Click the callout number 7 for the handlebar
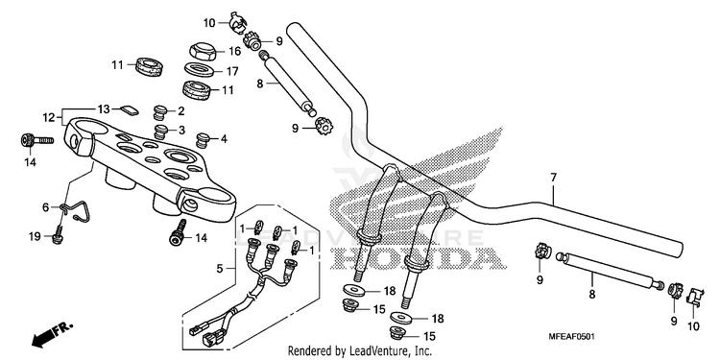(x=553, y=177)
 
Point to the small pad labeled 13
(x=129, y=109)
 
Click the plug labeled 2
(x=159, y=112)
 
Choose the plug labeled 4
(x=203, y=139)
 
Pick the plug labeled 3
(x=160, y=132)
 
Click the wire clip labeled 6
(x=77, y=210)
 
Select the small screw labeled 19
(x=58, y=232)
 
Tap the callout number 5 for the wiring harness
(x=220, y=268)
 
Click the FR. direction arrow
(x=52, y=335)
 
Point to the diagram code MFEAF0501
(x=572, y=337)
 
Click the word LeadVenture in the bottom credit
(x=370, y=351)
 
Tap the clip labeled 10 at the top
(x=238, y=23)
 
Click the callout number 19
(x=35, y=236)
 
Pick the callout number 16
(x=234, y=51)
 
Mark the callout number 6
(x=45, y=207)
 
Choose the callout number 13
(x=104, y=108)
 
